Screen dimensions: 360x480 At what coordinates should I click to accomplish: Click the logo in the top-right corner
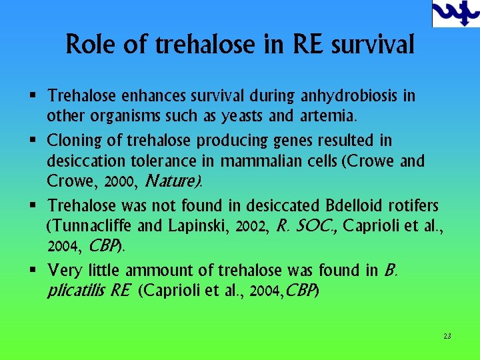point(455,13)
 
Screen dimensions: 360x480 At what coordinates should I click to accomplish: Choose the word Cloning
point(73,141)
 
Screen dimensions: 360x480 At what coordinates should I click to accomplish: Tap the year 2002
point(253,226)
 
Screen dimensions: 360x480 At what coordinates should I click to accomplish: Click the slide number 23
point(447,336)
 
